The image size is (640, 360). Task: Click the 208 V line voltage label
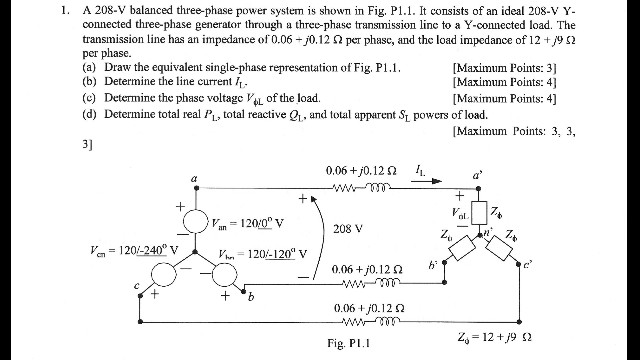(x=347, y=228)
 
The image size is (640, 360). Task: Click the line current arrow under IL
(x=420, y=191)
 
